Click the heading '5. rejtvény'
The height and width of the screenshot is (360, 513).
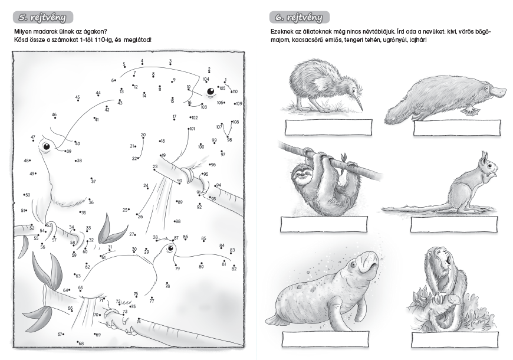[x=43, y=17]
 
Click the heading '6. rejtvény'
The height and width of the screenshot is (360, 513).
[x=300, y=17]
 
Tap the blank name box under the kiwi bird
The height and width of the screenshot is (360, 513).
[x=328, y=127]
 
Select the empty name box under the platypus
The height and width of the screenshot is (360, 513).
[x=457, y=127]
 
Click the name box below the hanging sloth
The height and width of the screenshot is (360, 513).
[x=324, y=224]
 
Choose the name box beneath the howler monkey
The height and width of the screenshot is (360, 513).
[x=455, y=340]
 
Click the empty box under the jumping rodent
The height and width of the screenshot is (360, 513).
[x=454, y=224]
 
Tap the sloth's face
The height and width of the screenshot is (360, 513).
[x=300, y=176]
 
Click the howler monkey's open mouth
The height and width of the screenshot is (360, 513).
[x=448, y=258]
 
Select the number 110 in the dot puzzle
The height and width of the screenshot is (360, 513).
[x=235, y=91]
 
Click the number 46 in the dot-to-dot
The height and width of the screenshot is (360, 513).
[x=54, y=114]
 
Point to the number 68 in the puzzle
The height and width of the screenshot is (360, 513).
[x=81, y=343]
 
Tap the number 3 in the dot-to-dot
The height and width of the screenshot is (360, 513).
[x=170, y=61]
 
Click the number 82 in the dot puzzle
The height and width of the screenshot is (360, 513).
[x=234, y=269]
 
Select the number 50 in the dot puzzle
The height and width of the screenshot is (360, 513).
[x=28, y=195]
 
